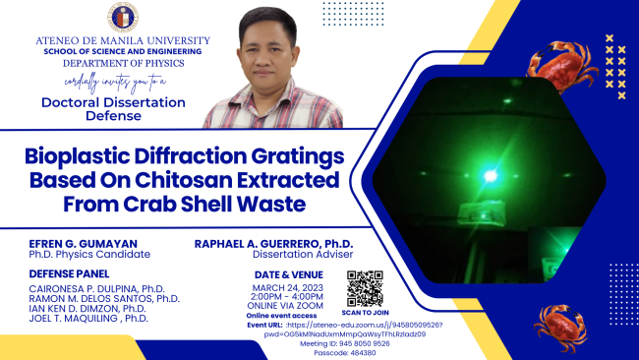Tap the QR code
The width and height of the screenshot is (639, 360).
point(364,285)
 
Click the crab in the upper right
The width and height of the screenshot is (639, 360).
point(561,64)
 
